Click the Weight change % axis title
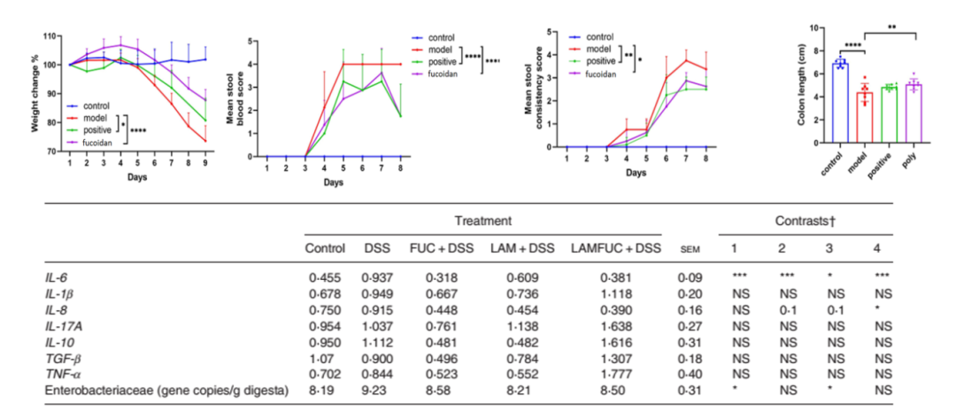point(37,96)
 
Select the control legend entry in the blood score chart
point(441,37)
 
